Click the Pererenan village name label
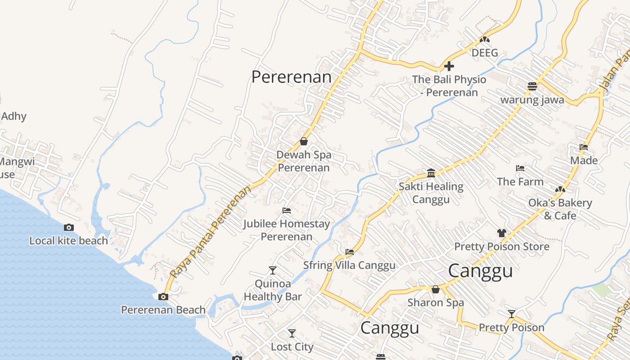click(x=291, y=77)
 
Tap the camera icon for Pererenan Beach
click(x=163, y=297)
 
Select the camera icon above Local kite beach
click(x=69, y=227)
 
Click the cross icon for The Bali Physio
click(x=449, y=67)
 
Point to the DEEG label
click(x=485, y=53)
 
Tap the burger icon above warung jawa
click(x=532, y=86)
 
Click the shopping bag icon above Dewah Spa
click(x=304, y=141)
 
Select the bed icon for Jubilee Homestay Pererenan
click(x=287, y=210)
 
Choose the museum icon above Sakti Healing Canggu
click(x=431, y=173)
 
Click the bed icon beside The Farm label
click(x=520, y=168)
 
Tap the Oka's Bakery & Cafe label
click(x=560, y=209)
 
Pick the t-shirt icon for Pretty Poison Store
click(x=502, y=233)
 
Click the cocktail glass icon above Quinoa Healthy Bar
click(x=272, y=270)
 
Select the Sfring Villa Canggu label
click(x=349, y=265)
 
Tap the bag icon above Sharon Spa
click(x=435, y=289)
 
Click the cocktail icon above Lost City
click(x=292, y=333)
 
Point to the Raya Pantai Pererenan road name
click(x=210, y=232)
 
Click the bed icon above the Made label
click(x=584, y=147)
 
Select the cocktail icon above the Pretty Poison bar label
click(x=511, y=314)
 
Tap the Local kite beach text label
click(x=68, y=241)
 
